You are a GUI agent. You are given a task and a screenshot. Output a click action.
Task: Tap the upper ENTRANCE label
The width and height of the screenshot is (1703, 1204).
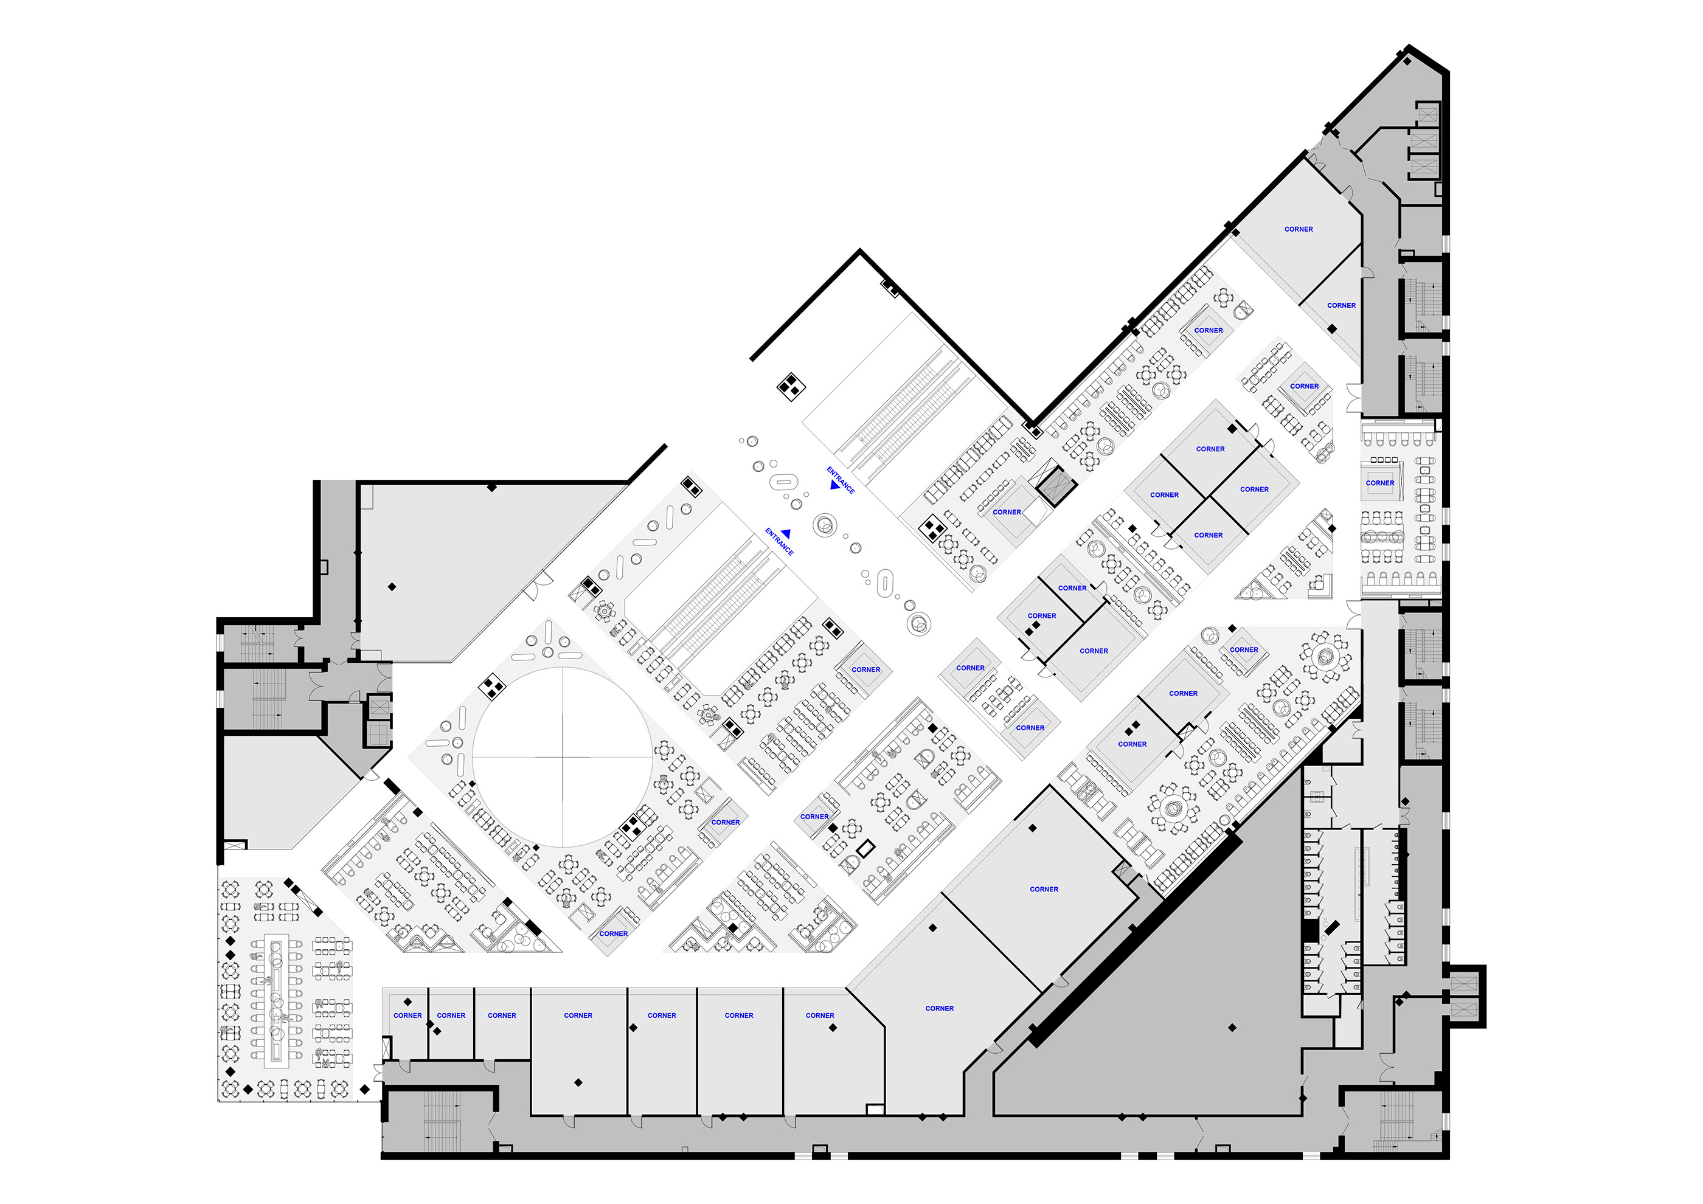click(841, 480)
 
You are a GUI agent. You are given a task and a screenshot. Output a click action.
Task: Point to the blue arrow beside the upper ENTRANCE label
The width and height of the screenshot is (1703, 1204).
click(834, 485)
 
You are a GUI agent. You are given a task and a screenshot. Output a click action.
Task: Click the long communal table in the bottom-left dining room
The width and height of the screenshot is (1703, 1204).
click(277, 1001)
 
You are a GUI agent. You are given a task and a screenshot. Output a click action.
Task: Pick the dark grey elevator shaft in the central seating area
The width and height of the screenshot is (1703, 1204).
click(1055, 486)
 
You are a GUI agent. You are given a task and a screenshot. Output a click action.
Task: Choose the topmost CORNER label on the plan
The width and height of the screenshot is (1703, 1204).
click(1299, 229)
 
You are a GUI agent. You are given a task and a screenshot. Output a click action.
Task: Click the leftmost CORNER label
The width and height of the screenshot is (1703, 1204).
click(408, 1015)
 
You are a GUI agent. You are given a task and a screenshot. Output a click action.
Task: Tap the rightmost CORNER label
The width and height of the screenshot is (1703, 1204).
click(1379, 483)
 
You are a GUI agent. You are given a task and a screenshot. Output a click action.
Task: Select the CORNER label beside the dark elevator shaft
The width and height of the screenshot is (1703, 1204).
click(1007, 512)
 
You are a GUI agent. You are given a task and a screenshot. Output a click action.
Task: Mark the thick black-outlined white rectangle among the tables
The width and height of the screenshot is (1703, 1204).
click(865, 848)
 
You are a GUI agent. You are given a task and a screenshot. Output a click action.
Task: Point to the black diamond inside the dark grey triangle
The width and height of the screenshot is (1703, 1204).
click(1233, 1028)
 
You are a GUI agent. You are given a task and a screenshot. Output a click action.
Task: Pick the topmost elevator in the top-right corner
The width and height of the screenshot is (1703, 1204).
click(1428, 114)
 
